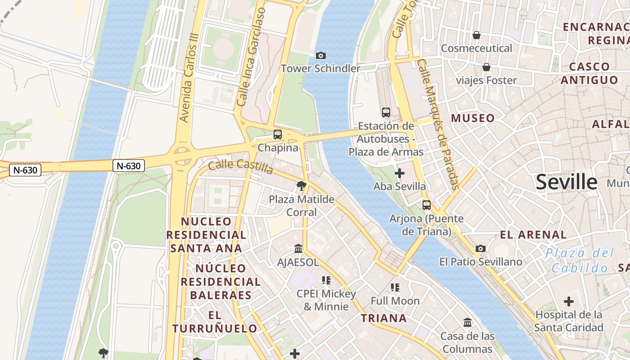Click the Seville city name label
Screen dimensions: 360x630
567,182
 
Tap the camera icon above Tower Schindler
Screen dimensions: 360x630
320,55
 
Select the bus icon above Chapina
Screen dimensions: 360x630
278,134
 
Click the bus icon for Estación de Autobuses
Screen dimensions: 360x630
386,112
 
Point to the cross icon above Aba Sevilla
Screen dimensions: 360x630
399,173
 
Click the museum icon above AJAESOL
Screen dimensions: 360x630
298,249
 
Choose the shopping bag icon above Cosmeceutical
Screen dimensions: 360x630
477,35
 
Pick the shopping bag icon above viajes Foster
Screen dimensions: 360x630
486,67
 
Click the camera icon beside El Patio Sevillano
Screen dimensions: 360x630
481,248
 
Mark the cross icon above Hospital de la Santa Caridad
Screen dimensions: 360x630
569,301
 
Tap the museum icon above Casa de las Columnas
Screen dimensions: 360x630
468,323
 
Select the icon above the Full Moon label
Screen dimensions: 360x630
395,287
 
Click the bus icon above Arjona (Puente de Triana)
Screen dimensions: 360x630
426,205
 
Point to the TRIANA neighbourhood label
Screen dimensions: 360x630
384,318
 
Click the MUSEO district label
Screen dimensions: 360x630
472,118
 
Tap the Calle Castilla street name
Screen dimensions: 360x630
241,166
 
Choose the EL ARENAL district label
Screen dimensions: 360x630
533,234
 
